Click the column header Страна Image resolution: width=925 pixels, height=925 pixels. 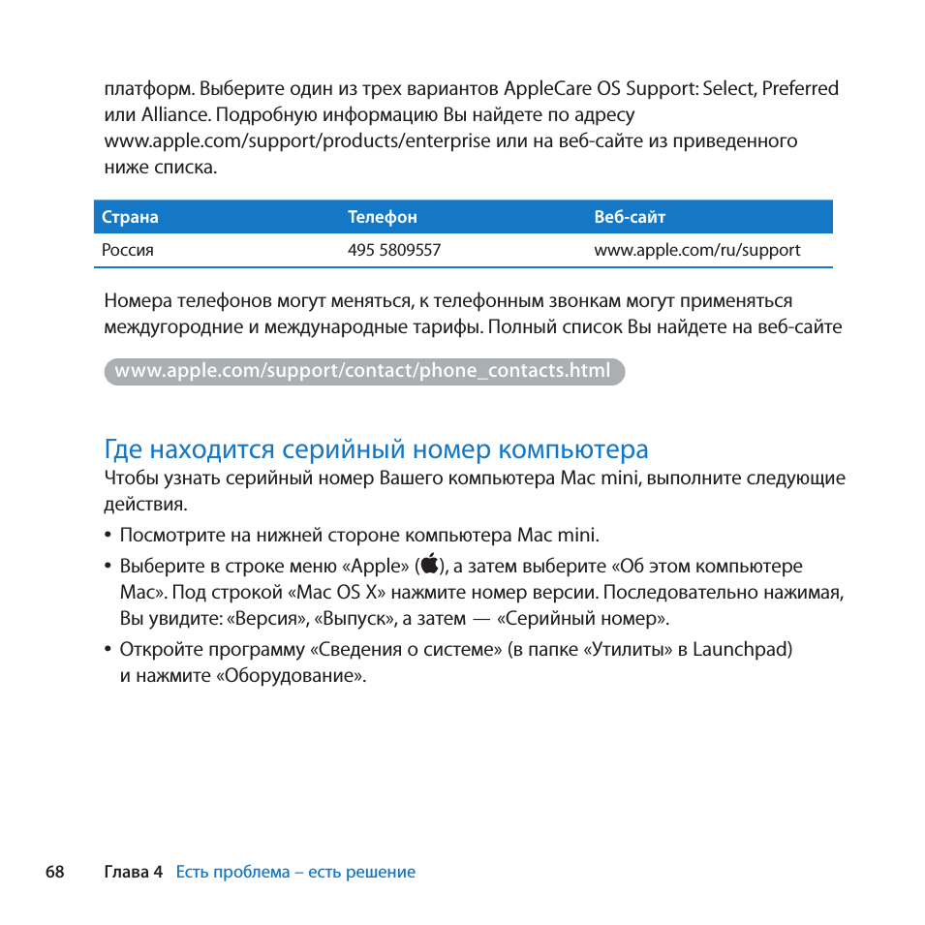[x=130, y=218]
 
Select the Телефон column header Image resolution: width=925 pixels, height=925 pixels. [x=382, y=218]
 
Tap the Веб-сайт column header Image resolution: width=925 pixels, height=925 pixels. [x=630, y=218]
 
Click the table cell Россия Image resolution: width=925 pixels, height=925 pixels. [x=128, y=250]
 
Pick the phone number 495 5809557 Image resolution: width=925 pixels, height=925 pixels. [x=394, y=250]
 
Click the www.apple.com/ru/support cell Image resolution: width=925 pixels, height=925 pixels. [x=696, y=250]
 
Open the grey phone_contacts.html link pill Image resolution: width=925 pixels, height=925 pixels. [x=363, y=371]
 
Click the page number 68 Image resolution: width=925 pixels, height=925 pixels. [x=54, y=872]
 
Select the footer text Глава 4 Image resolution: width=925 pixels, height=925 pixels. [x=133, y=872]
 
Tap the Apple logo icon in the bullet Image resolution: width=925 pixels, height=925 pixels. [x=430, y=566]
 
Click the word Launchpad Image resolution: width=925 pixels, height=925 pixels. [x=742, y=649]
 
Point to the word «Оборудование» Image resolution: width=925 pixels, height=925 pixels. [x=292, y=676]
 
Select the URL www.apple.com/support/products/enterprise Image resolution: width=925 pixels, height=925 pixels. [x=297, y=141]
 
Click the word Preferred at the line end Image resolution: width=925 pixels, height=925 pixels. [x=800, y=89]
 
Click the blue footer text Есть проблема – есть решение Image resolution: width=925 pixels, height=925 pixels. [x=295, y=872]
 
